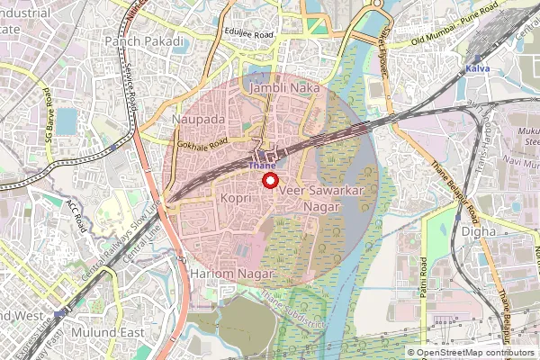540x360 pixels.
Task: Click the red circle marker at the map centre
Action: [269, 180]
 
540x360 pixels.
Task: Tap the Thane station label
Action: [262, 166]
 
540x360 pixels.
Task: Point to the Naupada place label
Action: [200, 119]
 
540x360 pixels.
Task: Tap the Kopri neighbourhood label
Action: [236, 194]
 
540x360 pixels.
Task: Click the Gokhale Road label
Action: [201, 142]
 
